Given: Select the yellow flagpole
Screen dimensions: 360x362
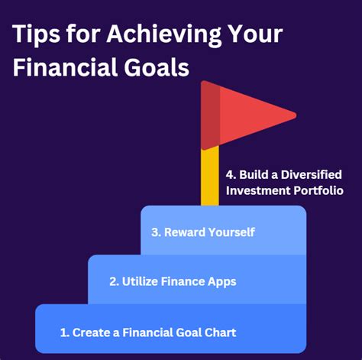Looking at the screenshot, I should pos(210,177).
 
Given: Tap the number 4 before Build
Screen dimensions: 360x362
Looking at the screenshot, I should pos(230,174).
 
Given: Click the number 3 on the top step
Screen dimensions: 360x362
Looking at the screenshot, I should pos(156,232).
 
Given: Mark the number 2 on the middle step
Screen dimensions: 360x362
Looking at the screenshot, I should pos(113,281).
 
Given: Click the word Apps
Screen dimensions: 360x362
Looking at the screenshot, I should pos(221,281).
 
